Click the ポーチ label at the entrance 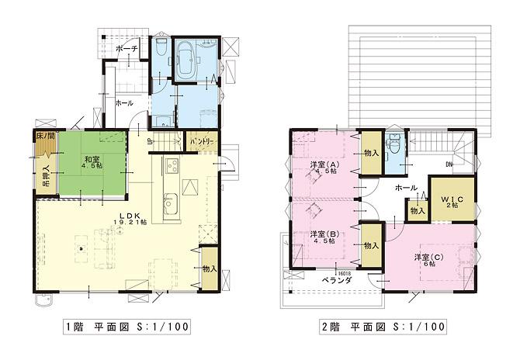tap(126, 49)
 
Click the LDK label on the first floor tap(130, 218)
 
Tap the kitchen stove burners tap(171, 165)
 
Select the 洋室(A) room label tap(324, 165)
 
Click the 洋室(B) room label tap(324, 236)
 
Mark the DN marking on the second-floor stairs tap(449, 164)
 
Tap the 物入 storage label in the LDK tap(208, 268)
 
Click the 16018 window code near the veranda tap(345, 272)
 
